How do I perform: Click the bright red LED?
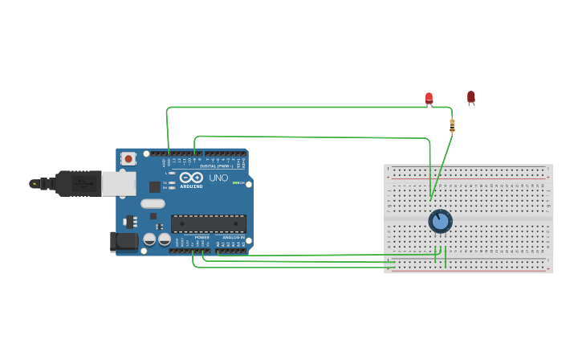pos(429,98)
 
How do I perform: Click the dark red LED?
pos(471,96)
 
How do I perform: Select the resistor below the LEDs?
pos(452,125)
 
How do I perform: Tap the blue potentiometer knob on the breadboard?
pos(440,221)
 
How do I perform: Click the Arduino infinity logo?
pos(191,178)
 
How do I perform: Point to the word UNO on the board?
pos(218,178)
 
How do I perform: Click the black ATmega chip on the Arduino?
pos(208,223)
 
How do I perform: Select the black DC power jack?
pos(123,241)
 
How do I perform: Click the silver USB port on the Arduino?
pos(118,184)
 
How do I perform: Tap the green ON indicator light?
pos(235,183)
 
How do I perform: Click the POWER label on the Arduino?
pos(201,237)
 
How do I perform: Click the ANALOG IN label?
pos(233,237)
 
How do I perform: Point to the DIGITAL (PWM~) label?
pos(214,166)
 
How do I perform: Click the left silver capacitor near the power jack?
pos(149,239)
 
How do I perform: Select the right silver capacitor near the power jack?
pos(165,239)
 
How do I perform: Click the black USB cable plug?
pos(77,183)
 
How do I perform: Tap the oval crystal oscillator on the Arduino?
pos(153,203)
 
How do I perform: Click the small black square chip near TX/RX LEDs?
pos(154,186)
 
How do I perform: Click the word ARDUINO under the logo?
pos(191,186)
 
